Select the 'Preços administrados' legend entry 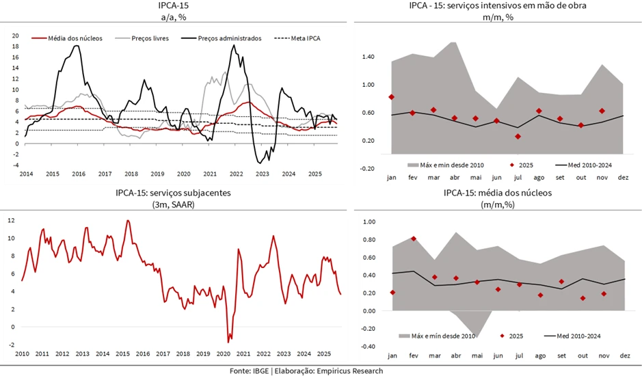pos(229,38)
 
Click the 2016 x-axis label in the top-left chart pos(79,174)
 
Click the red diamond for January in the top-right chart pos(392,97)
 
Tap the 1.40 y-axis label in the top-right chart pos(369,57)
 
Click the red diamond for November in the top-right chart pos(602,111)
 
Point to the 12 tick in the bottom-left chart pos(12,220)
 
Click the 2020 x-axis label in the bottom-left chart pos(224,353)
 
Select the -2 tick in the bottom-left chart pos(11,345)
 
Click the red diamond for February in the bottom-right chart pos(414,239)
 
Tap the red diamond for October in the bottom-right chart pos(583,298)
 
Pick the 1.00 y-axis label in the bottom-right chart pos(369,222)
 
